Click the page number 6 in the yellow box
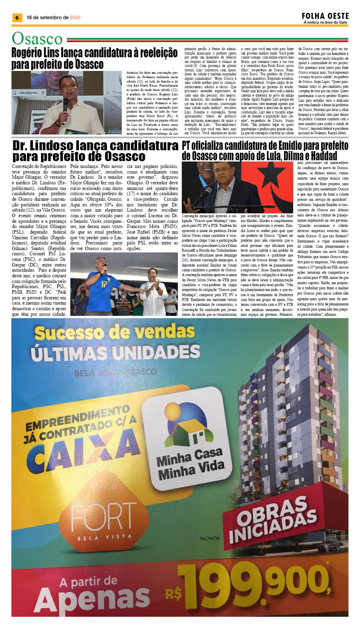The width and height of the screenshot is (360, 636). click(x=17, y=18)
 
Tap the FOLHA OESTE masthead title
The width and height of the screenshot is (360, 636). click(x=325, y=16)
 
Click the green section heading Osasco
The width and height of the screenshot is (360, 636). click(x=37, y=39)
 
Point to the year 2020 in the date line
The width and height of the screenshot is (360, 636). click(x=75, y=18)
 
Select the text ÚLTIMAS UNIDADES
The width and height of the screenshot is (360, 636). click(x=115, y=353)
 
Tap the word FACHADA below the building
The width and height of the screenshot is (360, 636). click(x=209, y=538)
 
